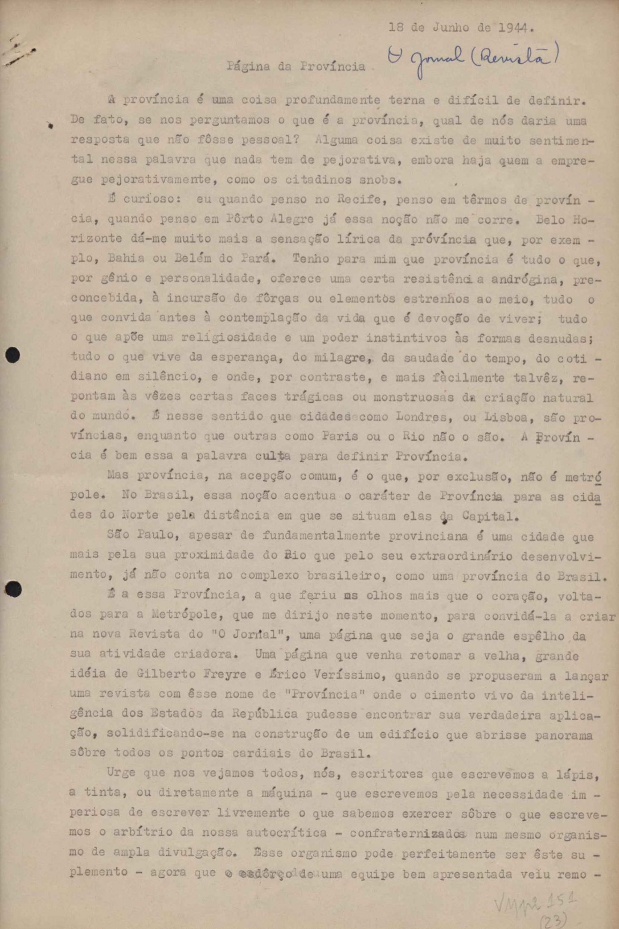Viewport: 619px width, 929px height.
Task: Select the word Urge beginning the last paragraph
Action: tap(121, 773)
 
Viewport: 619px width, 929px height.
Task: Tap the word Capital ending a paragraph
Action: tap(489, 516)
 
